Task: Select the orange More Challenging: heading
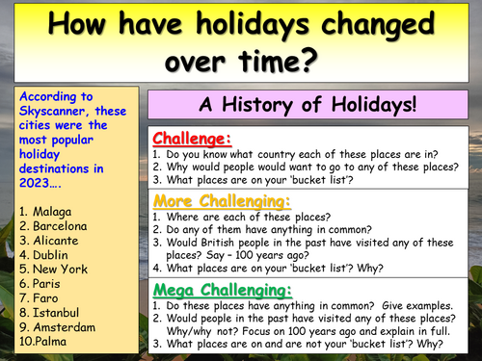[222, 202]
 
